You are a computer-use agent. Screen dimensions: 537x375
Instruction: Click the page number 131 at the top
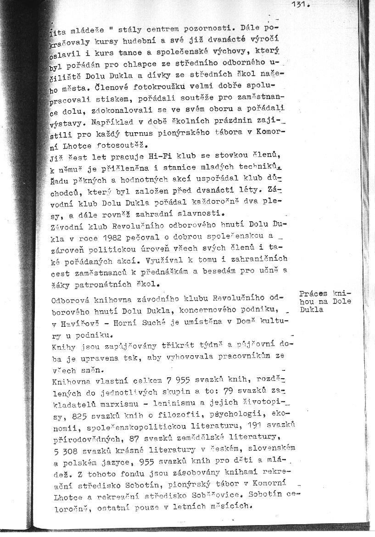(301, 6)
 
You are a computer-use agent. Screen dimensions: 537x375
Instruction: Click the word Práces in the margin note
(313, 294)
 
